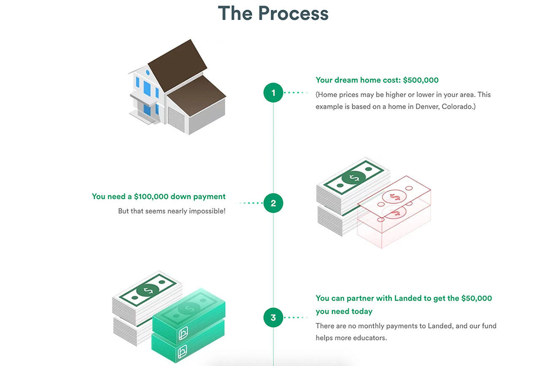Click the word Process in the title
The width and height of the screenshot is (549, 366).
pyautogui.click(x=293, y=13)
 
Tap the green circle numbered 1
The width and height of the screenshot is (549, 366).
pyautogui.click(x=273, y=92)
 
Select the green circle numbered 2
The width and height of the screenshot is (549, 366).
pyautogui.click(x=273, y=203)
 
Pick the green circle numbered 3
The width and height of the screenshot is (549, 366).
pyautogui.click(x=273, y=318)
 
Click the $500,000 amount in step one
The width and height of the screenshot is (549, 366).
pyautogui.click(x=421, y=80)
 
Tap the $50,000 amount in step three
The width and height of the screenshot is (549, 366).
pyautogui.click(x=476, y=298)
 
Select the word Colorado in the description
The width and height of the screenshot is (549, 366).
pyautogui.click(x=459, y=107)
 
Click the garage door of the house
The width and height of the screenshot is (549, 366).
pyautogui.click(x=176, y=119)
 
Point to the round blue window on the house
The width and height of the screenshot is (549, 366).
pyautogui.click(x=148, y=72)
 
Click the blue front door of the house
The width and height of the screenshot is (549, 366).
pyautogui.click(x=147, y=110)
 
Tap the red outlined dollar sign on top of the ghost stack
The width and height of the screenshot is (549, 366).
pyautogui.click(x=395, y=196)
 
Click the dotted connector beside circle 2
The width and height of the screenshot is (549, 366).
pyautogui.click(x=251, y=203)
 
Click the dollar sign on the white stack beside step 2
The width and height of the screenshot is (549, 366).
pyautogui.click(x=353, y=178)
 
